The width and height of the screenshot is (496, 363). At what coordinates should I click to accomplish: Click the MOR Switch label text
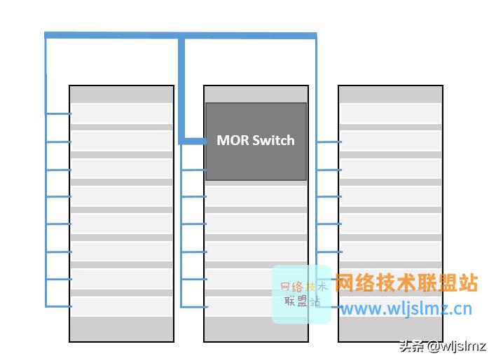[256, 140]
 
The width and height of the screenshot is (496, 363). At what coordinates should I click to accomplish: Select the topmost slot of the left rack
[122, 113]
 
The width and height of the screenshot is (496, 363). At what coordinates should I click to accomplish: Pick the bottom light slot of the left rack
[122, 306]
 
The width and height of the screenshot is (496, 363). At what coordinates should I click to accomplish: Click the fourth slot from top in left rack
[122, 196]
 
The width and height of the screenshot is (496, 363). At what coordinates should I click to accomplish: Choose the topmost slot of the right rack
[390, 113]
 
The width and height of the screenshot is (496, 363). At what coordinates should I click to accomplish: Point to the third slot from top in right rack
[390, 169]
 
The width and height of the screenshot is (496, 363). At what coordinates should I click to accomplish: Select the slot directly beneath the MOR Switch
[256, 196]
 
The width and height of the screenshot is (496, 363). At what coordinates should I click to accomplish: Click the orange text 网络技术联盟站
[406, 283]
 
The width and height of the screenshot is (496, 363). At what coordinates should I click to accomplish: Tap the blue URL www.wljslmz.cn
[406, 308]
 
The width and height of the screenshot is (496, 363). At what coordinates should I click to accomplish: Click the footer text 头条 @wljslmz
[443, 345]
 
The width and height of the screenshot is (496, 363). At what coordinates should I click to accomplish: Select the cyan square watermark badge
[301, 294]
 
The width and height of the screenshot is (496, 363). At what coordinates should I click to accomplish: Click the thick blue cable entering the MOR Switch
[193, 141]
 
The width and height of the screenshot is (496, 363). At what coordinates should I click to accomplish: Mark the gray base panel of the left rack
[122, 329]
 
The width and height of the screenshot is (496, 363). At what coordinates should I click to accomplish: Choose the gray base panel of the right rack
[390, 330]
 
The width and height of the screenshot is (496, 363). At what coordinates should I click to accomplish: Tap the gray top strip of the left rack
[122, 95]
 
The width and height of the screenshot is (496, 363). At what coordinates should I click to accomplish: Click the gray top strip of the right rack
[390, 95]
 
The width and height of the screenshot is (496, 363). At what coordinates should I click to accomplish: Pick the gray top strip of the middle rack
[256, 94]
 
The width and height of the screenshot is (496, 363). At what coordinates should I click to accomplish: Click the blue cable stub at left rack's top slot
[59, 114]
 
